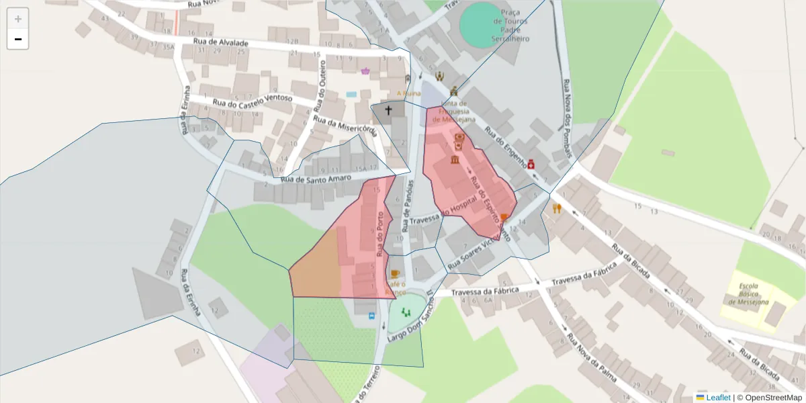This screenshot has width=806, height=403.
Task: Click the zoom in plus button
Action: tap(17, 19)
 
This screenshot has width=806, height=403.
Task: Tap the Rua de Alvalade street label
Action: tap(220, 42)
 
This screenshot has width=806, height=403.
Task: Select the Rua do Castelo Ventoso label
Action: tap(253, 100)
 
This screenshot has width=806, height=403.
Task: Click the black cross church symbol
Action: tap(388, 109)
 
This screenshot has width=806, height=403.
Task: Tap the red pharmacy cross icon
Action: tap(531, 164)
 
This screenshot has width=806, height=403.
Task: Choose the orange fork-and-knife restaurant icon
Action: tap(556, 208)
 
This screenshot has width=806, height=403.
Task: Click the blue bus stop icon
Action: tap(371, 315)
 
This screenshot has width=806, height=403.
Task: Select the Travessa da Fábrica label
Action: tap(485, 292)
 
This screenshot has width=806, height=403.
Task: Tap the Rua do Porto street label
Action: tap(382, 234)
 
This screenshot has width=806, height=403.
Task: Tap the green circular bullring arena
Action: tap(485, 24)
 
